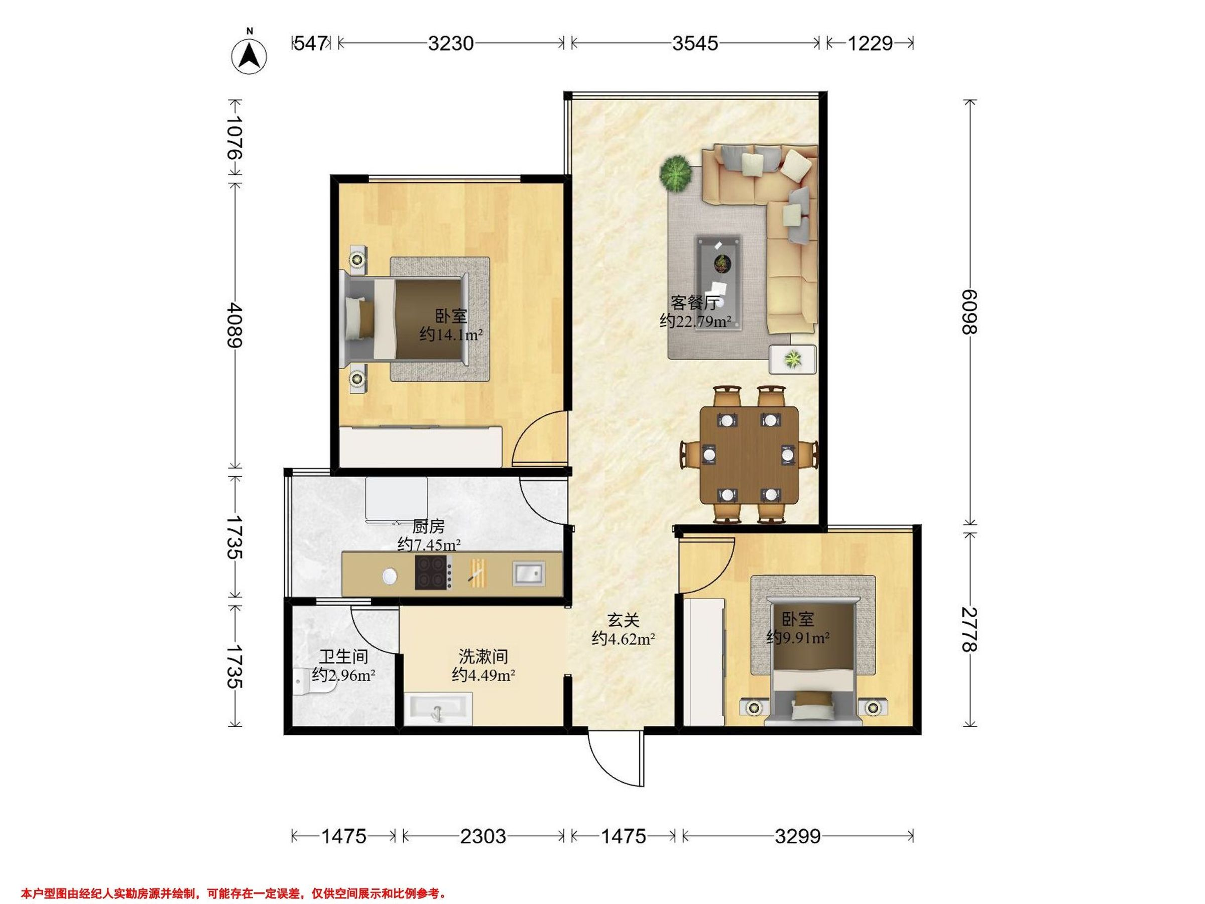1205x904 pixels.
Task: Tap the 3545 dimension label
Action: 694,43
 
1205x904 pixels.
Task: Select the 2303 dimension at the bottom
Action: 483,836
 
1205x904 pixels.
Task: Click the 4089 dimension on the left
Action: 235,325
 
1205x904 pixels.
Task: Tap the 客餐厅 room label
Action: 694,303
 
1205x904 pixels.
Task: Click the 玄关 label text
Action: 623,620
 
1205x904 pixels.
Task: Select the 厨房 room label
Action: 428,526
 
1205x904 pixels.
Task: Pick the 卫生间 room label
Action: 343,656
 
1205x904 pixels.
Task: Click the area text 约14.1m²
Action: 451,334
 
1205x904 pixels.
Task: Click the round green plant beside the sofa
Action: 676,174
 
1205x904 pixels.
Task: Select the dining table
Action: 749,455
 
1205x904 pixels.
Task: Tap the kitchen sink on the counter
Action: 528,574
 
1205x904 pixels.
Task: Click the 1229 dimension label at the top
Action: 870,43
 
